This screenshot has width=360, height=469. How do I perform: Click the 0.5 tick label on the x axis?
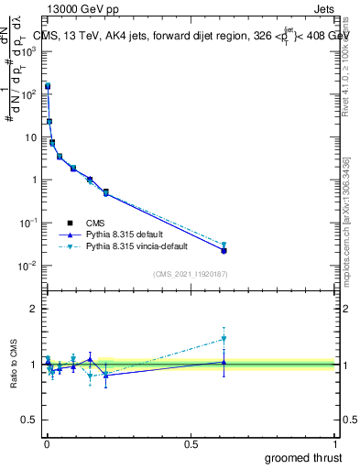(x=191, y=443)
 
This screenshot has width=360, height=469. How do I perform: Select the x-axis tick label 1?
(x=336, y=443)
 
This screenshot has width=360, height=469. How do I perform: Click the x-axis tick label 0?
(x=46, y=443)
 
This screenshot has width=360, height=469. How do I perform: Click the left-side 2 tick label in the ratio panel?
(x=35, y=309)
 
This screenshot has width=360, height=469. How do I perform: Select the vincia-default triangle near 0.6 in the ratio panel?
(x=224, y=339)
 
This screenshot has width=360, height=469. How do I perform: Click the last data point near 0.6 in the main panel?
(x=224, y=249)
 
